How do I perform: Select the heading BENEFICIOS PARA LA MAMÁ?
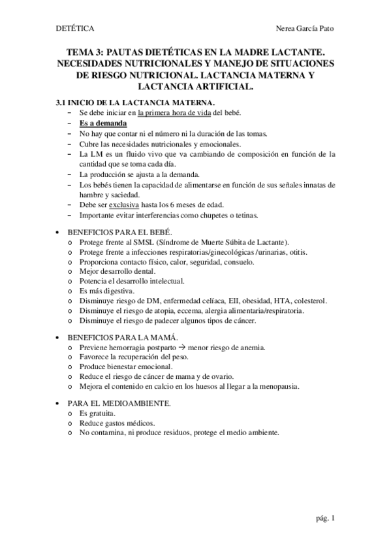tap(116, 336)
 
